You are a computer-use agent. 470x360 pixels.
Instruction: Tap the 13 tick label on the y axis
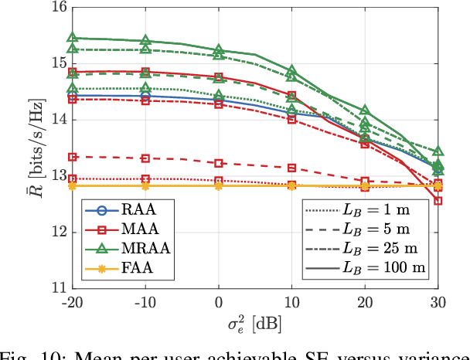click(x=58, y=176)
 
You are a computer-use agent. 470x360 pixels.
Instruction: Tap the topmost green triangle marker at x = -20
click(x=73, y=37)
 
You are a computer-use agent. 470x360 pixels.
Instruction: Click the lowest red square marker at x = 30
click(x=438, y=201)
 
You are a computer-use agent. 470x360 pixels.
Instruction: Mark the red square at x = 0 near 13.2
click(x=219, y=163)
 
